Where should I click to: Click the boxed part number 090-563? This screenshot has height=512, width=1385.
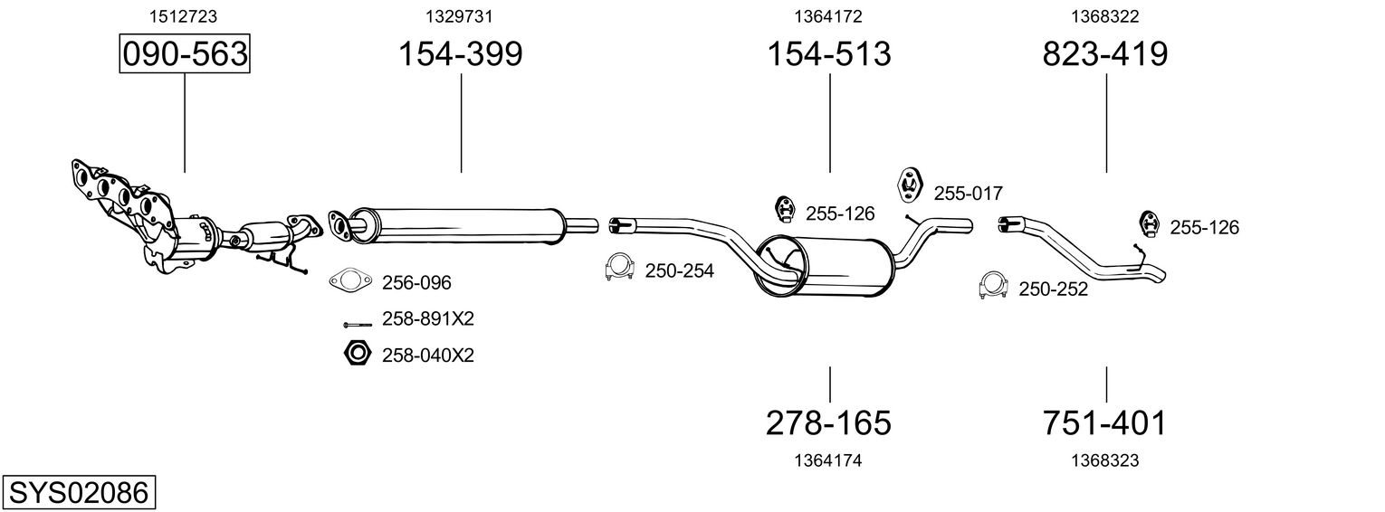coord(185,54)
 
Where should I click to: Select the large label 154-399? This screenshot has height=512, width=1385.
coord(461,54)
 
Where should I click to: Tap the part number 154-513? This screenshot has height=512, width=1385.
coord(829,54)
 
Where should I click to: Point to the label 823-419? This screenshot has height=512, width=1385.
coord(1105,54)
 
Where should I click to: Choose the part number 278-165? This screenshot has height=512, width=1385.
coord(829,422)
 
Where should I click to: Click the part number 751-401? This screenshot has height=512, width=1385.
coord(1105,422)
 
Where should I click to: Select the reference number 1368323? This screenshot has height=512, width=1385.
coord(1104,460)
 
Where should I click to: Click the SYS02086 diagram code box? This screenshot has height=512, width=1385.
coord(78,493)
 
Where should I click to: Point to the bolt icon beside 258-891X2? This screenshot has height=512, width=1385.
coord(356,322)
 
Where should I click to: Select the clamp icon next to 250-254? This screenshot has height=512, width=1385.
coord(618,269)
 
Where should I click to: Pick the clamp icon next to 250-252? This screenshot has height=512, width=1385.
coord(993,286)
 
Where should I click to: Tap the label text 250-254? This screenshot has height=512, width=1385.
coord(679,270)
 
